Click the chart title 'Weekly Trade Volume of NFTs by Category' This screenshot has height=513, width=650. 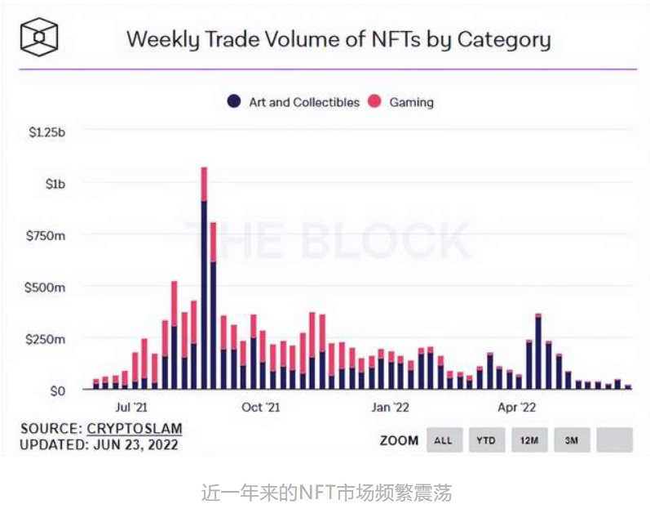click(338, 39)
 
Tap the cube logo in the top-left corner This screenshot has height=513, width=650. click(39, 38)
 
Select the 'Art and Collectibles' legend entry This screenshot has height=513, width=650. click(294, 102)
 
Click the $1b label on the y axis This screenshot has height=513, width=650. click(55, 184)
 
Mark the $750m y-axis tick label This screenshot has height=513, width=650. click(47, 236)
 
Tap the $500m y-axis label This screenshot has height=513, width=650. click(47, 288)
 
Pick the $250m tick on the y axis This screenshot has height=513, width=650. click(47, 339)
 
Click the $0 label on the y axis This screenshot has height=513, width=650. click(57, 391)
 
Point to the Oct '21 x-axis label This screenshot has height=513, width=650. click(261, 407)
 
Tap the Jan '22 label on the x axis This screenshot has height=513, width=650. click(391, 407)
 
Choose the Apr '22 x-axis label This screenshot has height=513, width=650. click(517, 407)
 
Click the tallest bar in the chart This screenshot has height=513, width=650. click(204, 278)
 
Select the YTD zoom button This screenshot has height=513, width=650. click(486, 440)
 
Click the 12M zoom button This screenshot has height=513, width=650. click(529, 440)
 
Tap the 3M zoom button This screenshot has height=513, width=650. click(572, 440)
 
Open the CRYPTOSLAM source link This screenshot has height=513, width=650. click(135, 429)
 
